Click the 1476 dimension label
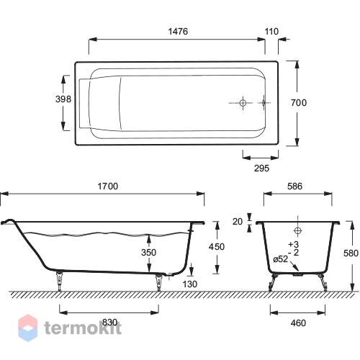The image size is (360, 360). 178,32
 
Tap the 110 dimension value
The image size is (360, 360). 271,32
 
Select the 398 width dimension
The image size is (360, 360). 63,99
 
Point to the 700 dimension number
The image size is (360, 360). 299,103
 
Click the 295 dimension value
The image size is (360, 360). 261,168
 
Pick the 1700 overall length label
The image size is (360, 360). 108,186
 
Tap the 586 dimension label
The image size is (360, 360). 294,186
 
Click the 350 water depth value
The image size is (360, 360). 148,253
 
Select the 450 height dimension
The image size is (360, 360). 217,247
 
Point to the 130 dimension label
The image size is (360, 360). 190,284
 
